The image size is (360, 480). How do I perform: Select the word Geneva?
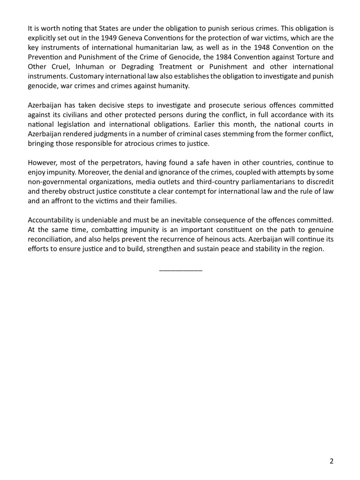tap(130, 38)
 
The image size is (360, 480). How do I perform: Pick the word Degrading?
tap(137, 67)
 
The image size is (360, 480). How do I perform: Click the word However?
tap(42, 163)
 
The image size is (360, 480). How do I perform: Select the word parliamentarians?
tap(259, 182)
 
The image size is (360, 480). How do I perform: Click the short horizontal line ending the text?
tap(180, 270)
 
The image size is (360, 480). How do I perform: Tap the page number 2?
tap(332, 461)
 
